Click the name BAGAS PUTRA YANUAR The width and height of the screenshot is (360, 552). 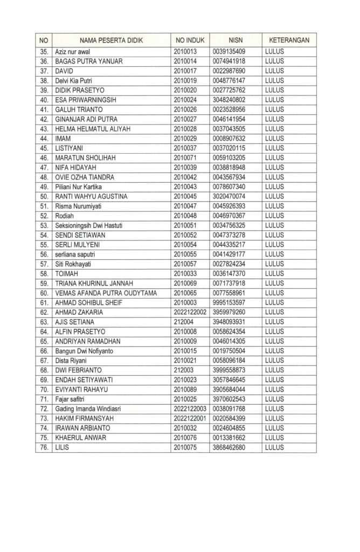click(x=89, y=61)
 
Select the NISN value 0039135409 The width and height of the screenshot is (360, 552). click(x=229, y=52)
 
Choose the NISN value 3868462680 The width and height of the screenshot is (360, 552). click(x=229, y=447)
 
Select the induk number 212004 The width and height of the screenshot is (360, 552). click(x=184, y=322)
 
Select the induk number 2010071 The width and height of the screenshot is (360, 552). click(x=186, y=157)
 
